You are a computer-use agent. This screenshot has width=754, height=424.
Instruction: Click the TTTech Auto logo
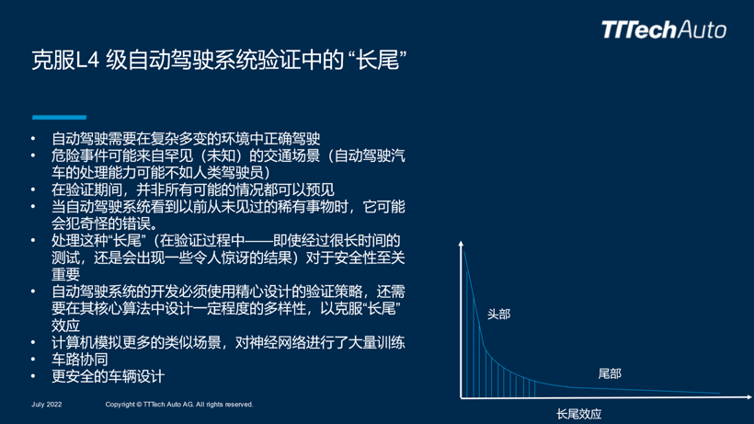pyautogui.click(x=664, y=29)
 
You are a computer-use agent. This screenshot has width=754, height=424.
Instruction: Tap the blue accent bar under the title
pyautogui.click(x=59, y=118)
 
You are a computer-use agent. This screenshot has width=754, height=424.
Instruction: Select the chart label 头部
pyautogui.click(x=498, y=315)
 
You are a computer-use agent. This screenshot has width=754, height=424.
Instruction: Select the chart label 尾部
pyautogui.click(x=610, y=373)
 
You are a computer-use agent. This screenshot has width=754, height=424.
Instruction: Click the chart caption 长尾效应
pyautogui.click(x=579, y=414)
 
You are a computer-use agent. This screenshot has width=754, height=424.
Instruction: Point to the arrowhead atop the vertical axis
pyautogui.click(x=461, y=244)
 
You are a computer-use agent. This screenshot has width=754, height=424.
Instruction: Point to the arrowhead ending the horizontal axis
pyautogui.click(x=749, y=397)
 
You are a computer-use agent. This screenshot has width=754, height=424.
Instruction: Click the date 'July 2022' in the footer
pyautogui.click(x=47, y=405)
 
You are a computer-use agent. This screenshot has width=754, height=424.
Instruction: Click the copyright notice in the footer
pyautogui.click(x=179, y=405)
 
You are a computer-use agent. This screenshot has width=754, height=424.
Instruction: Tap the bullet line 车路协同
pyautogui.click(x=80, y=360)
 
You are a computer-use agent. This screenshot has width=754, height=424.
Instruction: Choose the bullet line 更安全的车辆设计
pyautogui.click(x=109, y=376)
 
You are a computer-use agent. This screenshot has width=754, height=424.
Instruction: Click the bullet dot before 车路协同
pyautogui.click(x=33, y=359)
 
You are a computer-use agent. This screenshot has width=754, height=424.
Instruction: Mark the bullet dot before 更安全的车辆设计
pyautogui.click(x=33, y=376)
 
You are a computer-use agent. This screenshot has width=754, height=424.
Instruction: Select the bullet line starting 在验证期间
pyautogui.click(x=193, y=189)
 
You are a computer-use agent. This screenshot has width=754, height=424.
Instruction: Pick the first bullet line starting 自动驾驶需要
pyautogui.click(x=186, y=139)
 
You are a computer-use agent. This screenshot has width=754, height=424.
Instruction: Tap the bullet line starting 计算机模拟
pyautogui.click(x=228, y=343)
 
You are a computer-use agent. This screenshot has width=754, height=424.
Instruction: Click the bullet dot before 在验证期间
pyautogui.click(x=33, y=189)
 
